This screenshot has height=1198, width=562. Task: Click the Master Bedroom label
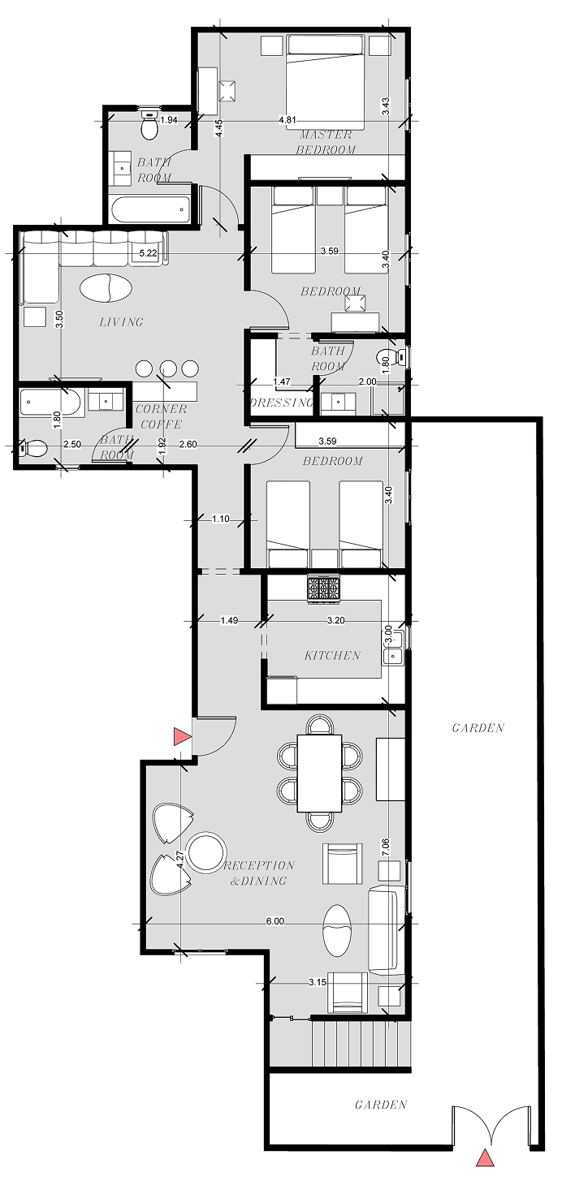(326, 142)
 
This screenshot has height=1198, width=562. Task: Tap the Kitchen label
(332, 655)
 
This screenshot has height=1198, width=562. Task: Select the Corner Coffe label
(161, 416)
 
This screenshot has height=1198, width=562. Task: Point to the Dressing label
(281, 403)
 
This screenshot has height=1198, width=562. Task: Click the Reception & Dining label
(259, 873)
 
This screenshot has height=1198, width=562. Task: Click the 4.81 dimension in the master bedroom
(287, 120)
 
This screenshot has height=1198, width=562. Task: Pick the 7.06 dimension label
(387, 848)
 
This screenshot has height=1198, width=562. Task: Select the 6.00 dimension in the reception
(275, 921)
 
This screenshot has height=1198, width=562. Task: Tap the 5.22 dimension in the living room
(149, 253)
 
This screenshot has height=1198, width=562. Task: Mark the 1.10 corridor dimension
(221, 519)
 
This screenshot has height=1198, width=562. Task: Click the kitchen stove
(322, 589)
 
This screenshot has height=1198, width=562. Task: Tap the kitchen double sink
(393, 656)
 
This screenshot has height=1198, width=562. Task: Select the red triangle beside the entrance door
(182, 737)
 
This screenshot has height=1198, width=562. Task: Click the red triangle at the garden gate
(485, 1172)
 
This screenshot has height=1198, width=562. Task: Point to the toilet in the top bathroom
(149, 125)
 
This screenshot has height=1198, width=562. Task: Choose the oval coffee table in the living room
(106, 289)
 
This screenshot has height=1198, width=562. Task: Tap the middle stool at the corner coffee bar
(169, 368)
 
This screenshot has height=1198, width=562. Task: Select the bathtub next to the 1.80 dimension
(50, 403)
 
